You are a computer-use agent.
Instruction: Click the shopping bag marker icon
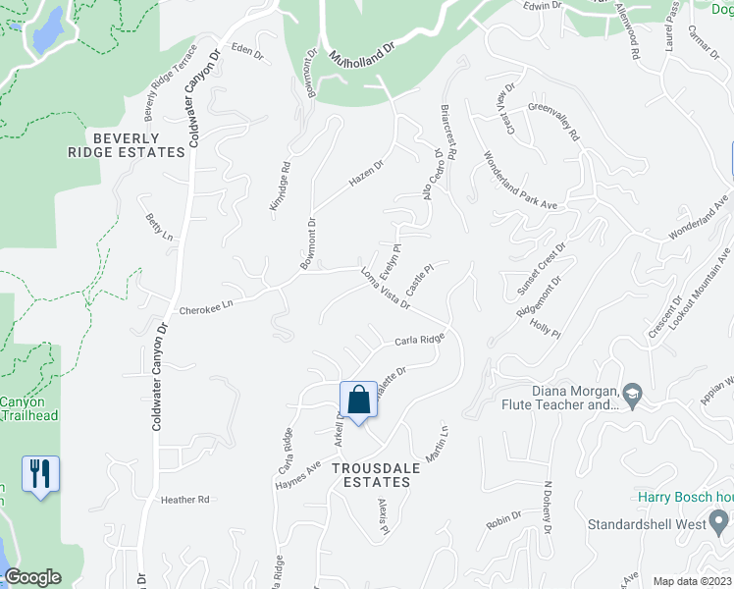358,401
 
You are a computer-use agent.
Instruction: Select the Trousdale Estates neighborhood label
369,475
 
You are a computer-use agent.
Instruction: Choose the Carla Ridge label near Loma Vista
420,340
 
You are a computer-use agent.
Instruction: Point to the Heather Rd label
185,500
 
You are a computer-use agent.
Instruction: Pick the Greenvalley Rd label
555,123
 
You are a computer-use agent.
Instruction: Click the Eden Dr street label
247,51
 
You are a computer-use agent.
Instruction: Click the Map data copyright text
693,581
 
